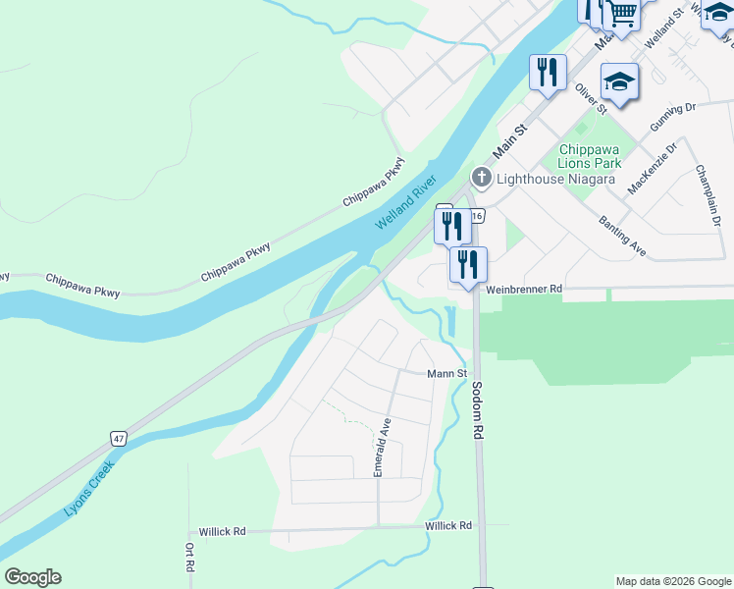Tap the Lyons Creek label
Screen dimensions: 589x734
click(x=89, y=489)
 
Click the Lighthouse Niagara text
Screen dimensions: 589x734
click(x=555, y=179)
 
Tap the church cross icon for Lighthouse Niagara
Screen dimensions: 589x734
click(x=481, y=178)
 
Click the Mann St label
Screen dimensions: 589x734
click(x=446, y=374)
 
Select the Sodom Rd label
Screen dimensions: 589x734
click(x=478, y=409)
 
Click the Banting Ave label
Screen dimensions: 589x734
click(x=622, y=237)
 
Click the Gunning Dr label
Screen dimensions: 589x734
click(x=672, y=117)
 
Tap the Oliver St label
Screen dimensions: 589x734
click(x=588, y=98)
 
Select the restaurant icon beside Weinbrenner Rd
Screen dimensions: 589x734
click(x=468, y=265)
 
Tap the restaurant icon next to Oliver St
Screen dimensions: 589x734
click(x=548, y=73)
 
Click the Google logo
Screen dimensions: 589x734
click(x=32, y=577)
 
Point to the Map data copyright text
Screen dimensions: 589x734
click(x=672, y=581)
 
